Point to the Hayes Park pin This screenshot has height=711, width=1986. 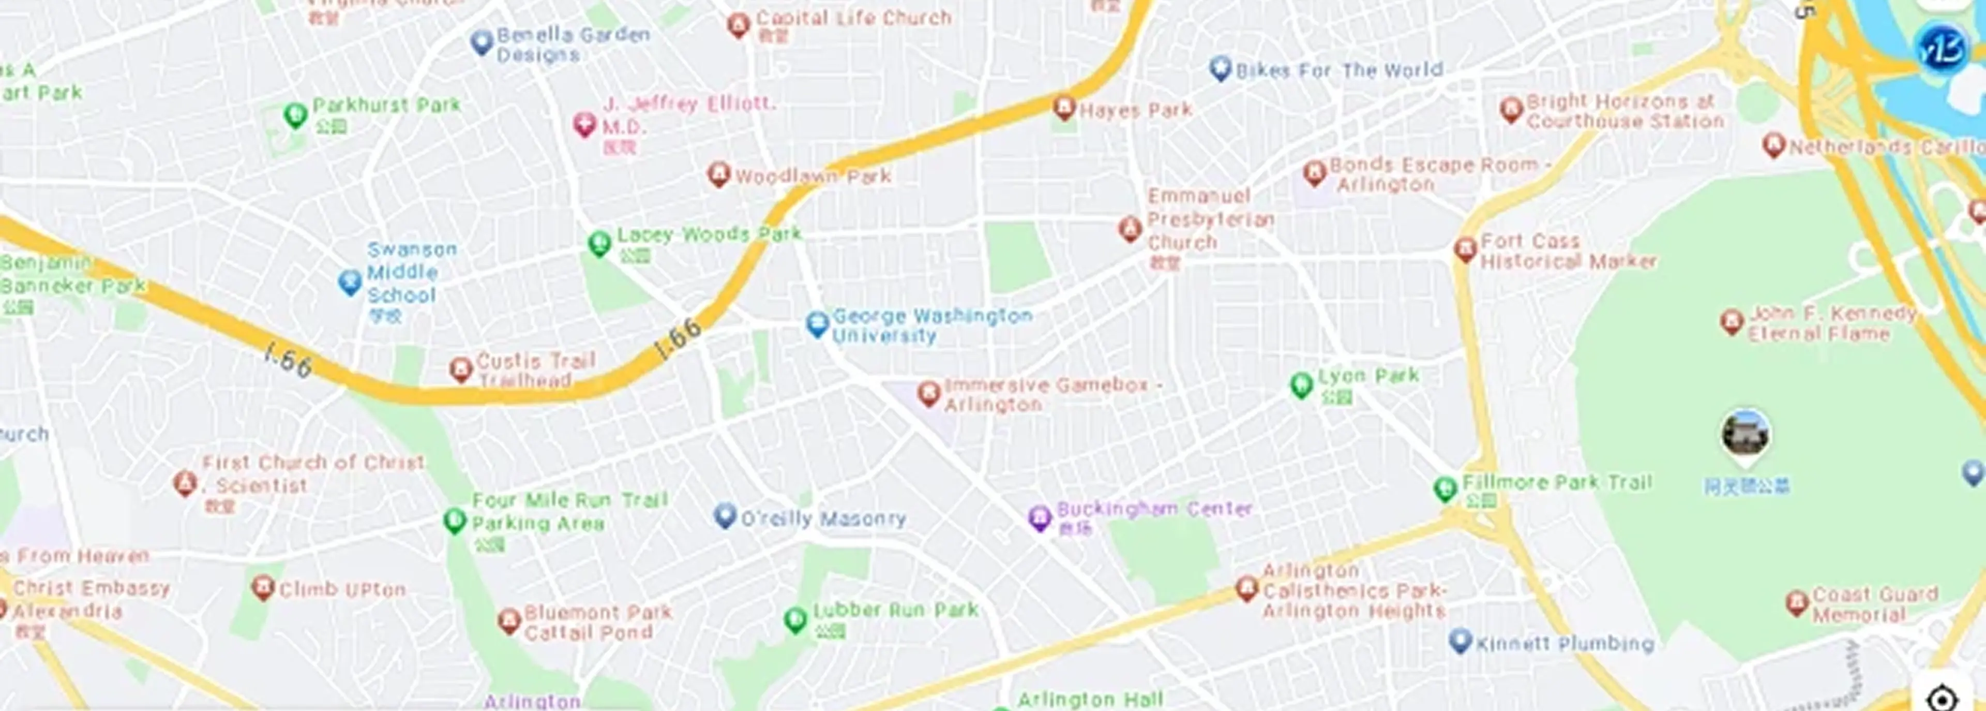point(1064,107)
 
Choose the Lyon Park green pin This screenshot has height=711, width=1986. point(1301,384)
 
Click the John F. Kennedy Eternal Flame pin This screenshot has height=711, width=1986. point(1732,321)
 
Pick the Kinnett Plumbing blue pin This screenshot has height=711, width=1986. point(1460,640)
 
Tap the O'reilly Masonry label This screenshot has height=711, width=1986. point(823,519)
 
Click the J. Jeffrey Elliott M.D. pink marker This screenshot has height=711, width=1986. point(584,123)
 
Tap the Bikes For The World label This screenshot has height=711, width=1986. point(1338,71)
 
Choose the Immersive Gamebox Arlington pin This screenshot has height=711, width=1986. point(929,393)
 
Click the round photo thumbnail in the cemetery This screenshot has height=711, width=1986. point(1746,434)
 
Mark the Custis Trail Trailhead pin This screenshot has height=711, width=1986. point(461,369)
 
